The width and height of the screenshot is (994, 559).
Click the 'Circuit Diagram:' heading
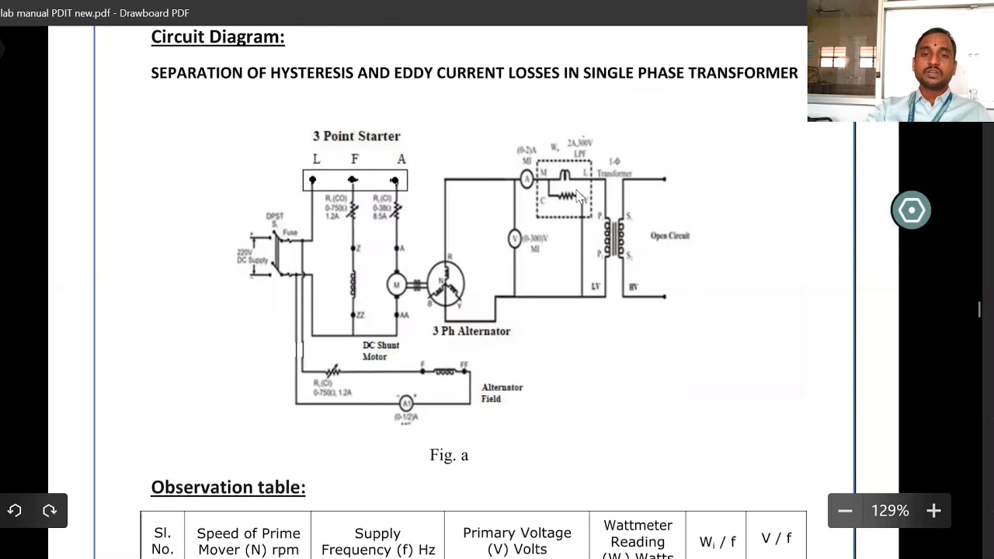click(x=217, y=36)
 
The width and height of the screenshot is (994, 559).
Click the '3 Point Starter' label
click(x=356, y=136)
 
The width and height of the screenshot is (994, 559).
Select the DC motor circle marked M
click(x=397, y=285)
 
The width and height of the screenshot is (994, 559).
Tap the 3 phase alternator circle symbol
click(x=445, y=283)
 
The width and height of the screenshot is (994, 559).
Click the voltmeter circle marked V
click(x=514, y=239)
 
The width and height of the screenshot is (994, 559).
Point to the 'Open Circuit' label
click(x=669, y=236)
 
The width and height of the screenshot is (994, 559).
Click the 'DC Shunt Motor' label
click(x=381, y=351)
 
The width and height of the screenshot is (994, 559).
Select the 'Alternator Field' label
click(x=502, y=393)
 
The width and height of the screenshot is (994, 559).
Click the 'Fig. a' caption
click(x=449, y=455)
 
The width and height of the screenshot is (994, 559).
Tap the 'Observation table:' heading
click(x=228, y=488)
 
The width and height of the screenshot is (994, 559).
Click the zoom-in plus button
click(x=933, y=511)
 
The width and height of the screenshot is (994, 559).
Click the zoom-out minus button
click(x=845, y=511)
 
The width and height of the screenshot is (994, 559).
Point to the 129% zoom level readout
click(x=890, y=511)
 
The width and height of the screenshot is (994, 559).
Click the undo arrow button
click(x=15, y=511)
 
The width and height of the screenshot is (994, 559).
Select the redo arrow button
click(x=50, y=511)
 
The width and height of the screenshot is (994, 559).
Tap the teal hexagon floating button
click(x=911, y=210)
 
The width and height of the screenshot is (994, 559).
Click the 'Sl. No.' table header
click(x=162, y=540)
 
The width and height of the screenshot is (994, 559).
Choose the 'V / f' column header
click(x=776, y=538)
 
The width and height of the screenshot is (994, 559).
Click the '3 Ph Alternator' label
click(x=471, y=331)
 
